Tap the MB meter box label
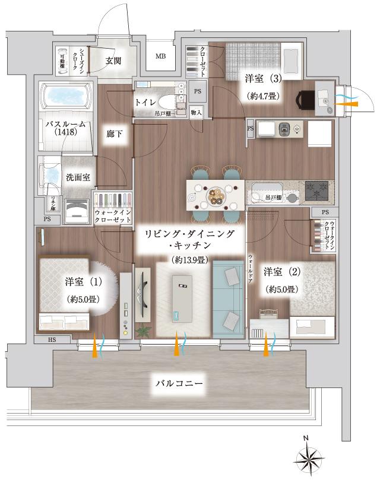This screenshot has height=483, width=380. (x=161, y=57)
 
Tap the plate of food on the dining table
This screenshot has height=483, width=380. (x=216, y=193)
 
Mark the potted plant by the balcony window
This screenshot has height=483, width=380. (x=142, y=332)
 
